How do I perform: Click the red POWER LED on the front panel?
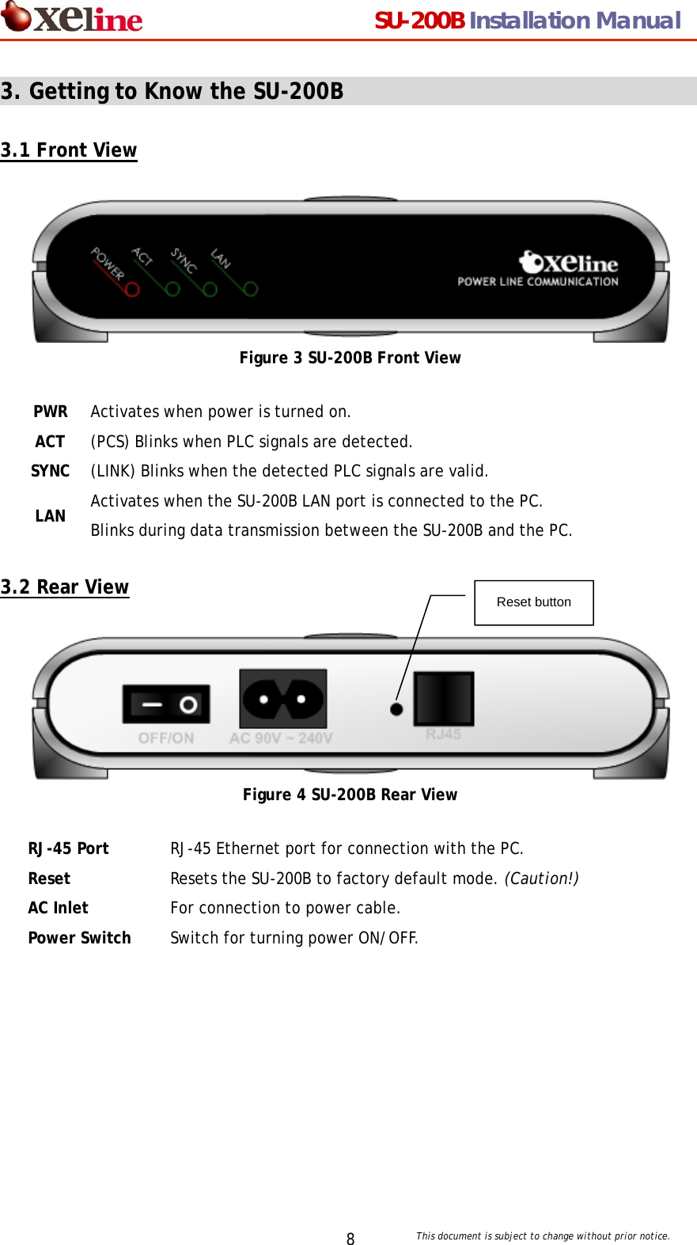pos(132,290)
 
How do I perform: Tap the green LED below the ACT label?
pos(172,290)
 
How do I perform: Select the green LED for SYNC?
pos(210,290)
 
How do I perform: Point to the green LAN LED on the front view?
pos(251,290)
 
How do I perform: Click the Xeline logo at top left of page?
pos(72,18)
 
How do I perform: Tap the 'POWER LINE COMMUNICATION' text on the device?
pos(538,281)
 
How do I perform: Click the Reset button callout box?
pos(534,602)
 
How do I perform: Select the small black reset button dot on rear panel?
pos(396,709)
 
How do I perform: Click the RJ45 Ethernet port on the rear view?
pos(444,698)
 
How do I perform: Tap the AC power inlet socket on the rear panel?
pos(283,698)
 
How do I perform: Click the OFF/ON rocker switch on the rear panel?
pos(166,704)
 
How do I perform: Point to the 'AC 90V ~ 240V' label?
pos(281,738)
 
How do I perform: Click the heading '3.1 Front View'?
pos(69,150)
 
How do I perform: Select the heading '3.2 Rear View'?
pos(65,587)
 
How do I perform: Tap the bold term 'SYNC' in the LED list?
pos(51,471)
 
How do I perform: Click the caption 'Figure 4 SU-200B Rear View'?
pos(350,795)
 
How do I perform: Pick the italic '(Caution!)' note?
pos(541,879)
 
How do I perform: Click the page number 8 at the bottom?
pos(350,1239)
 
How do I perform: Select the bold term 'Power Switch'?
pos(79,938)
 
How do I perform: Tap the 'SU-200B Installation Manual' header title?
pos(527,21)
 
